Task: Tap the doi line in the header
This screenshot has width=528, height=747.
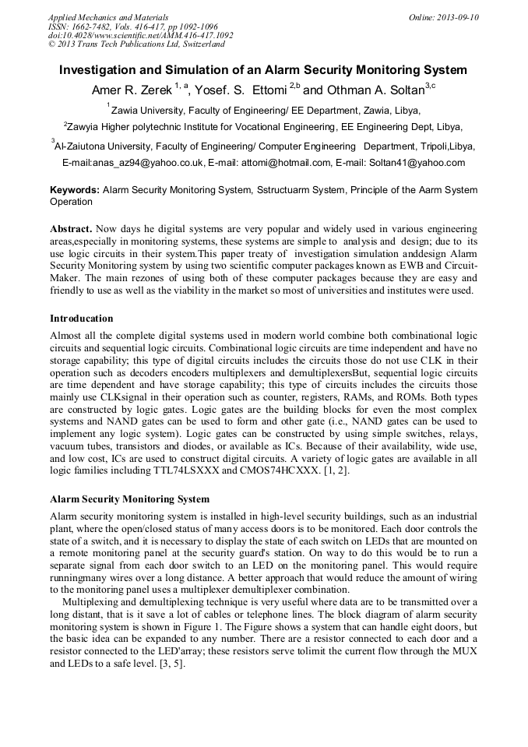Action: pyautogui.click(x=140, y=36)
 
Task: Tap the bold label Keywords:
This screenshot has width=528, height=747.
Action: pyautogui.click(x=75, y=189)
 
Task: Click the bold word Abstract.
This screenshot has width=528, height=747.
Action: pyautogui.click(x=71, y=229)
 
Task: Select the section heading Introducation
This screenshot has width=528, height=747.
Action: pyautogui.click(x=82, y=319)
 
